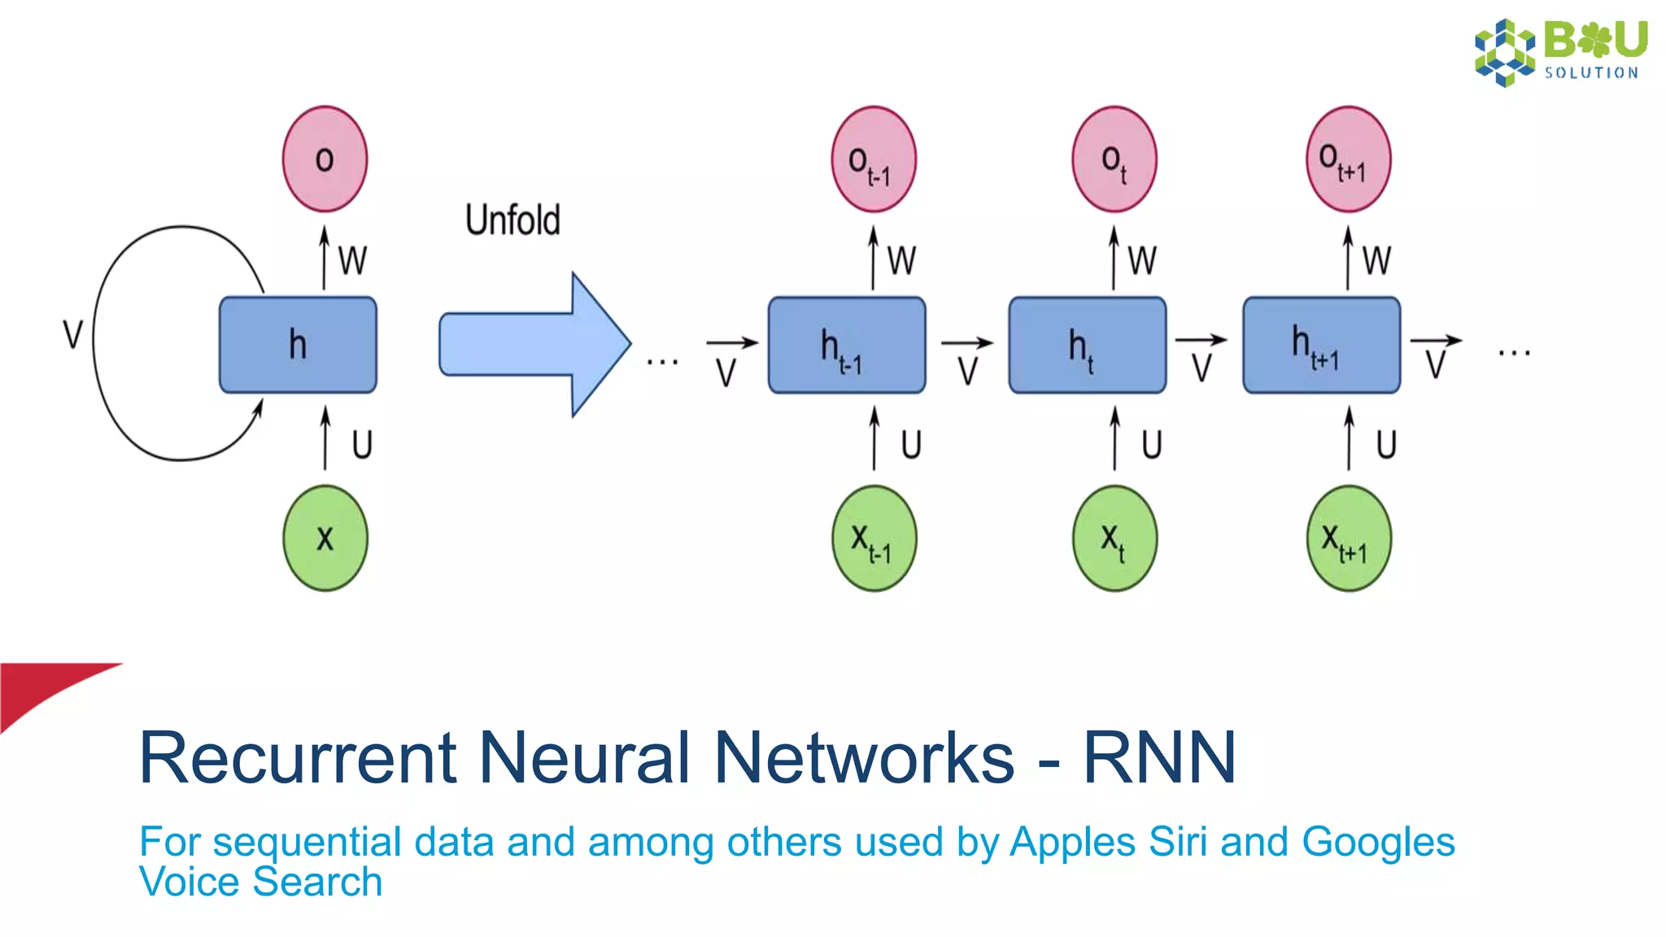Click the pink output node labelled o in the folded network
(x=325, y=159)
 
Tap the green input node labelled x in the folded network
(x=325, y=538)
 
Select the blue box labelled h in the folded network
(x=298, y=344)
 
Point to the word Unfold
(x=512, y=220)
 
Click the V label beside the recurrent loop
(x=73, y=334)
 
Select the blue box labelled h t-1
(x=846, y=345)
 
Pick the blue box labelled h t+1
(x=1321, y=345)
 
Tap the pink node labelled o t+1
(x=1348, y=159)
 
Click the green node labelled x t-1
(x=874, y=538)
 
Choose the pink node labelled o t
(x=1114, y=159)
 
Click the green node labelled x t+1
(x=1348, y=538)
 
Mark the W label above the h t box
(x=1141, y=261)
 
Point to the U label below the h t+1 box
(x=1385, y=445)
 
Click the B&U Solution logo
(x=1560, y=51)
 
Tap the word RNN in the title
(x=1159, y=757)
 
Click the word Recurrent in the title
(x=298, y=757)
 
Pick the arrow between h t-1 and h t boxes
(x=966, y=343)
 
